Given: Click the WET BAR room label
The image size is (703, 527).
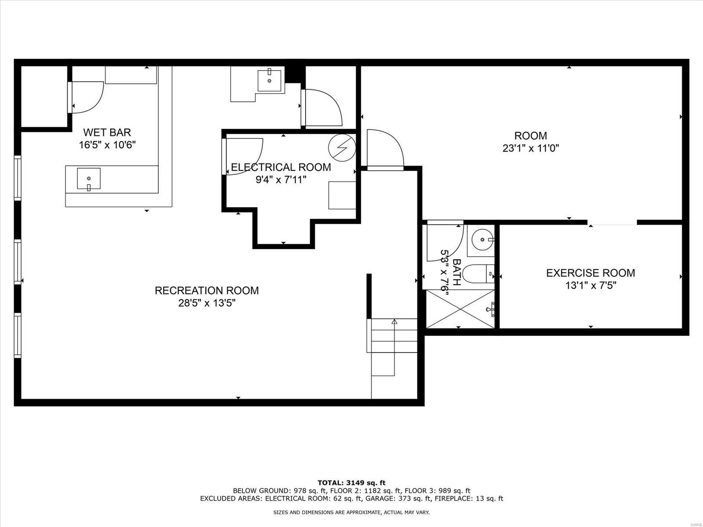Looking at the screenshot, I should [107, 132].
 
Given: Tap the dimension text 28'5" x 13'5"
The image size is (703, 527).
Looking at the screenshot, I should [207, 303].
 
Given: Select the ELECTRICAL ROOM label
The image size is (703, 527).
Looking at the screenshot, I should [281, 167].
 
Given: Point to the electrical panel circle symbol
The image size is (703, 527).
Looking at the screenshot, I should [342, 146].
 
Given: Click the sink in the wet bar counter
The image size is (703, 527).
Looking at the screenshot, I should [89, 178].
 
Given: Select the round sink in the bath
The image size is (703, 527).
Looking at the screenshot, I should [482, 240].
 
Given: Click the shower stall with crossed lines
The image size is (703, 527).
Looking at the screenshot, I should [460, 309].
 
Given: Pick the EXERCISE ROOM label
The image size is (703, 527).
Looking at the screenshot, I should [590, 273].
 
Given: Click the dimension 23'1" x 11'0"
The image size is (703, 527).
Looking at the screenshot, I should [531, 149].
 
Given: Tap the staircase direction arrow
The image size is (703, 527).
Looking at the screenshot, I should [394, 322].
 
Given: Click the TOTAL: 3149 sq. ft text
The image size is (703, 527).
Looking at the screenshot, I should [351, 483].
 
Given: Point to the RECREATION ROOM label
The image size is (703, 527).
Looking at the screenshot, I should [207, 291].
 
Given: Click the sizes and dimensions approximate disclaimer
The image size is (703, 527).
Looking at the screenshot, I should [351, 512].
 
